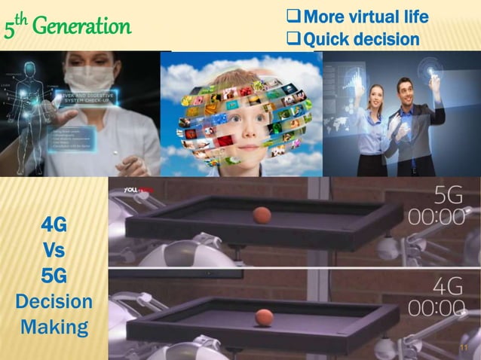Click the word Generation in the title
tap(87, 27)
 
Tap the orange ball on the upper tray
tap(261, 215)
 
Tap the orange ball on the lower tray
tap(264, 317)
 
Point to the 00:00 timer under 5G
tap(437, 215)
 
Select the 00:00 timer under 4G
tap(437, 309)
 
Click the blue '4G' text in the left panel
tap(54, 224)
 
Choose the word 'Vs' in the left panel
tap(54, 250)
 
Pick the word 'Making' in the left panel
tap(54, 328)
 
